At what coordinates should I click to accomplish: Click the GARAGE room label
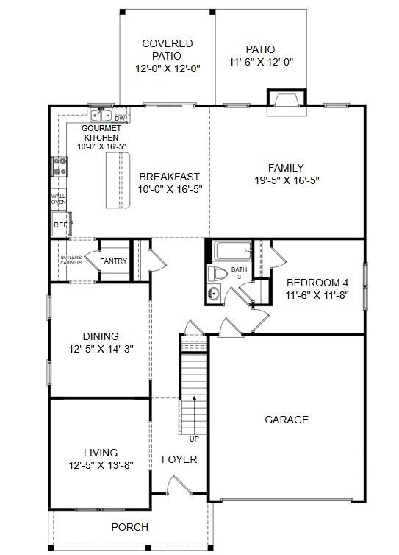pos(287,420)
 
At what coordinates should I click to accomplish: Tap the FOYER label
pos(179,459)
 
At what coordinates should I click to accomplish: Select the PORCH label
pos(129,527)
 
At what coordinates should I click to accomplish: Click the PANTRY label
pos(113,261)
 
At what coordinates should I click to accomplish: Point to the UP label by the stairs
pos(194,439)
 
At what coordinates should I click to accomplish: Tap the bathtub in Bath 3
pos(232,252)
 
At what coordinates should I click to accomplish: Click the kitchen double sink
pos(101,116)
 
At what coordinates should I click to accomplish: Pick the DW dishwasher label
pos(121,118)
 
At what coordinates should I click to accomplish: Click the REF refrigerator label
pos(59,225)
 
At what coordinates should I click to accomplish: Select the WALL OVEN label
pos(58,199)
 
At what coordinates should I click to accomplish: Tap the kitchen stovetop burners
pos(59,167)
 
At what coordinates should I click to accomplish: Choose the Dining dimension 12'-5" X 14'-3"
pos(101,349)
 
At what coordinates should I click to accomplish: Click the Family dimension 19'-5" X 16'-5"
pos(286,180)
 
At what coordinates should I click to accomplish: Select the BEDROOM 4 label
pos(317,283)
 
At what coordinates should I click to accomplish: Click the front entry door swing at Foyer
pos(176,485)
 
